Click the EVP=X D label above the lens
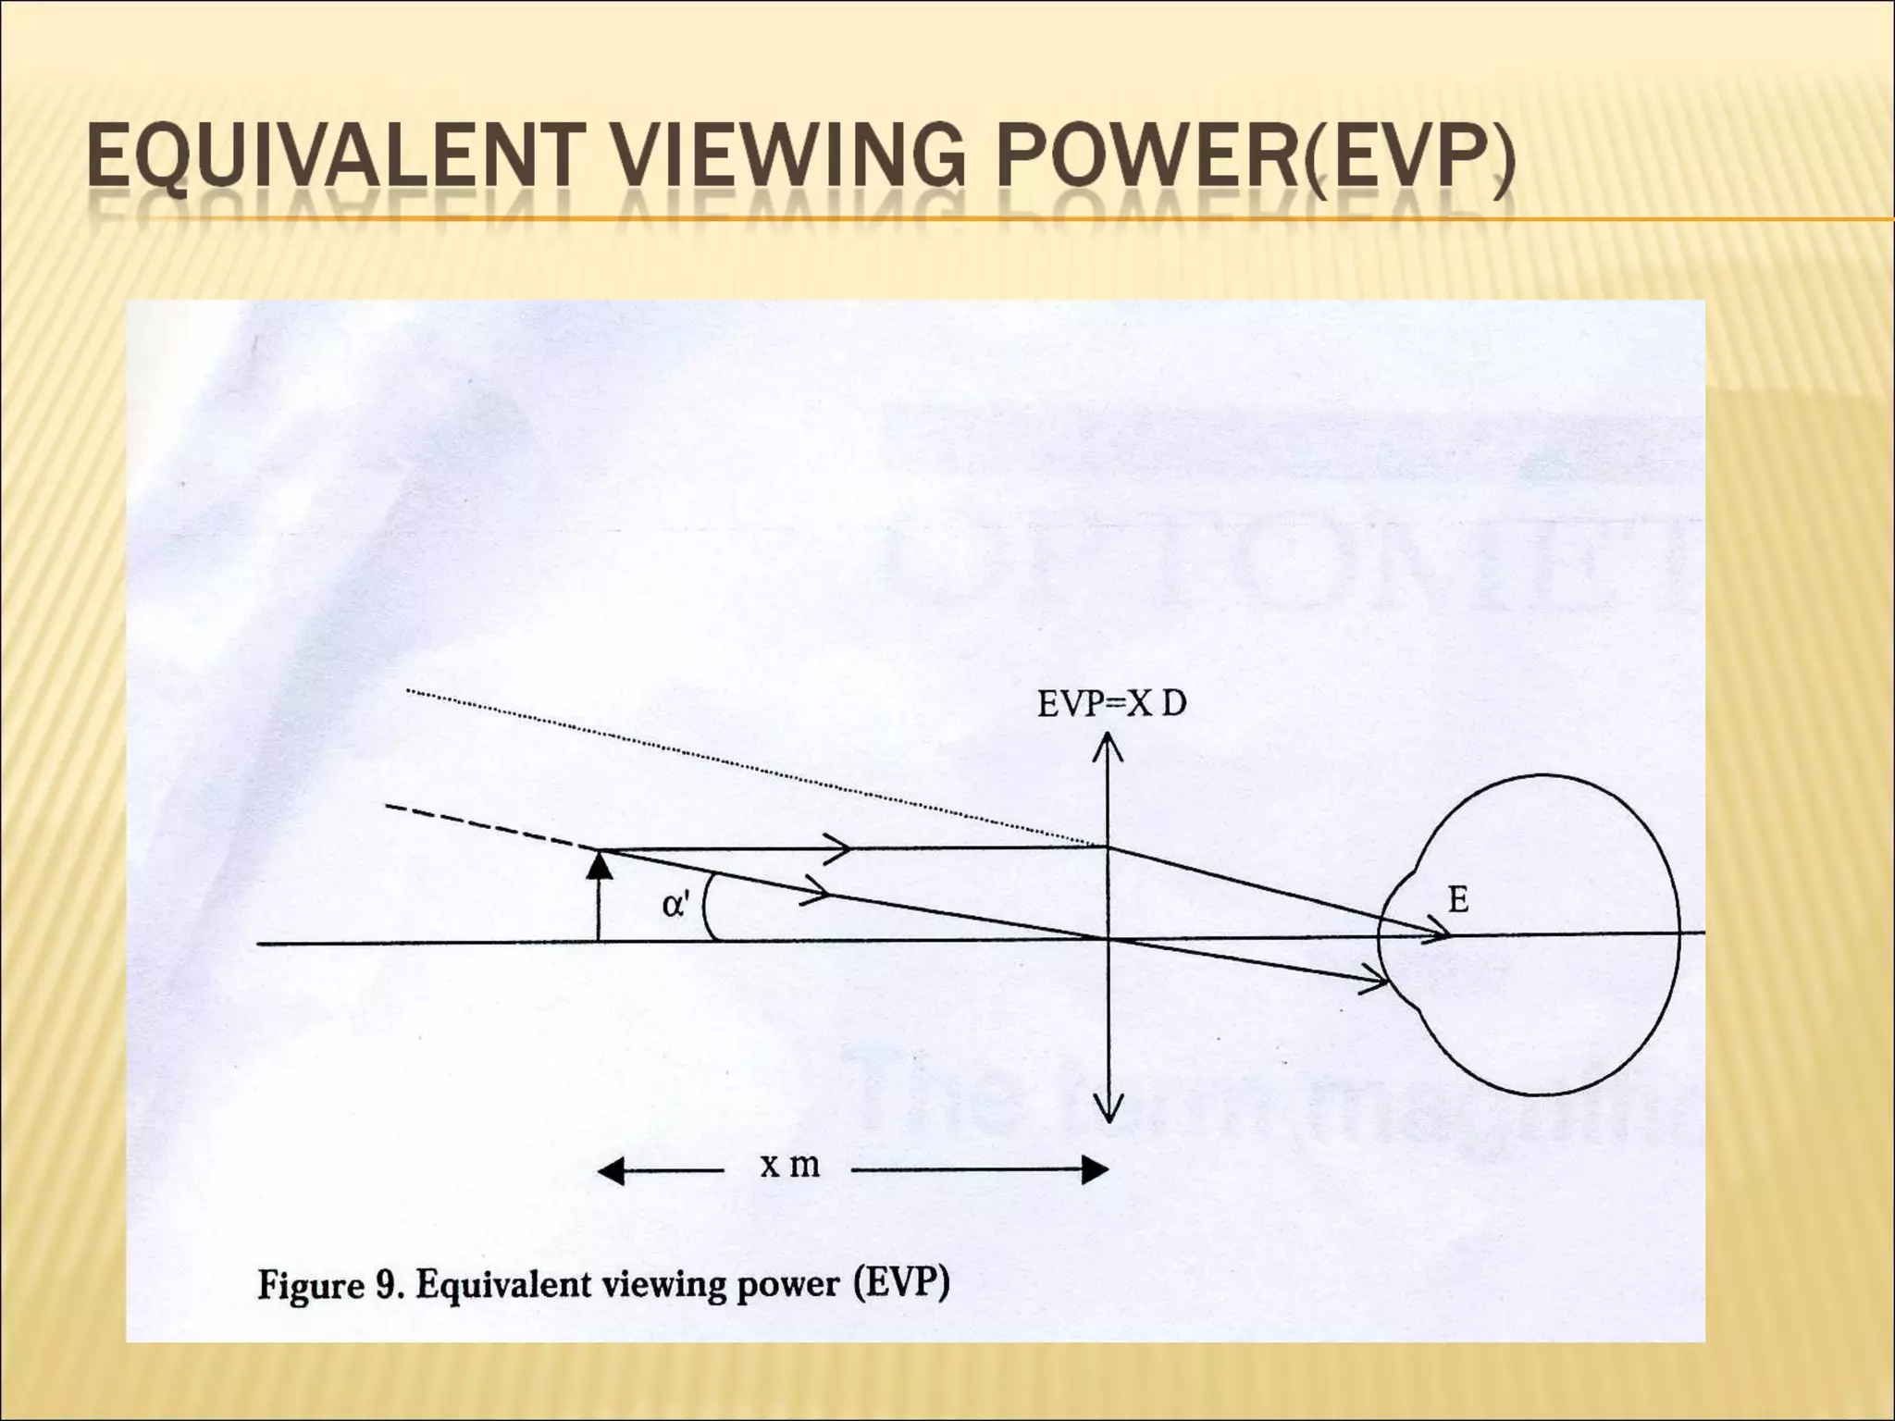[x=1111, y=704]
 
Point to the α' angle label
[x=675, y=904]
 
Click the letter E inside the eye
[x=1457, y=899]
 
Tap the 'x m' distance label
[x=789, y=1167]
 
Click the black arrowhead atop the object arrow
[x=601, y=866]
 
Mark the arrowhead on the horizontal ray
[x=836, y=848]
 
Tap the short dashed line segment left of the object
[x=490, y=828]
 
